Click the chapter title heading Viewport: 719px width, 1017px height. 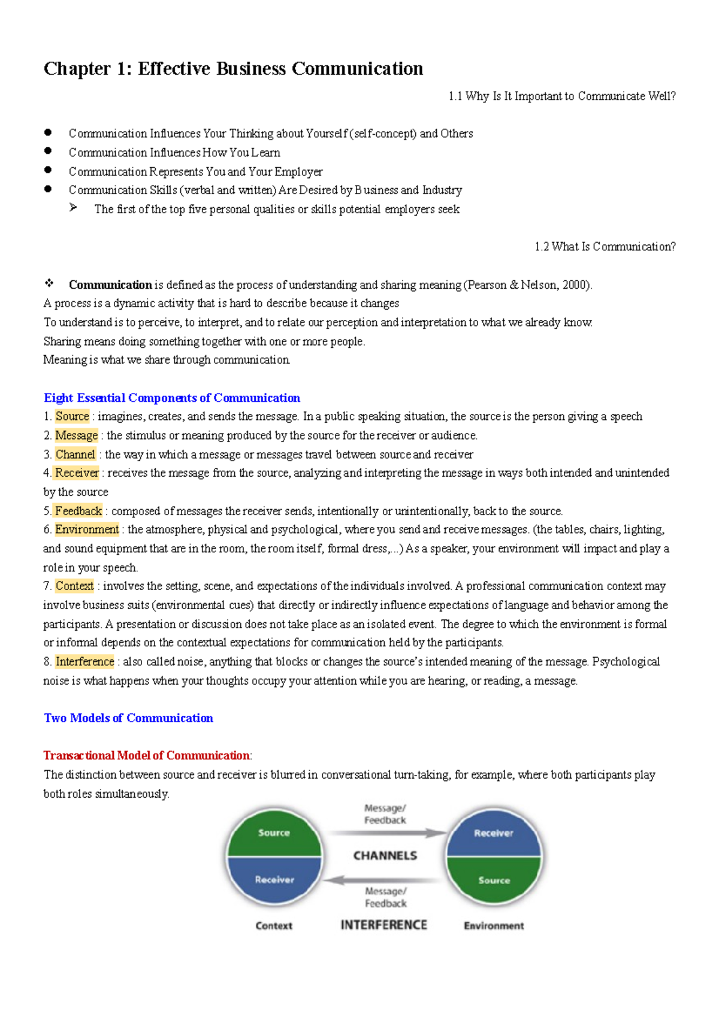(233, 69)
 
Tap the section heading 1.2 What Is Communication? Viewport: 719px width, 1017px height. (605, 247)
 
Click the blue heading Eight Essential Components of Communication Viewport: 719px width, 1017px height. (172, 398)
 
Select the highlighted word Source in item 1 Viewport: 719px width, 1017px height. (72, 416)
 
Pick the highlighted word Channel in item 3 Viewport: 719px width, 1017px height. (75, 455)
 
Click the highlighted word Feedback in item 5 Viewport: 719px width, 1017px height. (78, 511)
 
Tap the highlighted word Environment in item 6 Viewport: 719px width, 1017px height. (87, 529)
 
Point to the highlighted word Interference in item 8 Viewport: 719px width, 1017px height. (84, 662)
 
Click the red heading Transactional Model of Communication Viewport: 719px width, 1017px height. (147, 755)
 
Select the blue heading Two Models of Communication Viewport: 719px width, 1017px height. (128, 718)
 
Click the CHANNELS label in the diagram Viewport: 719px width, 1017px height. (385, 856)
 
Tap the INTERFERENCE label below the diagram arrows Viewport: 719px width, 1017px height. (383, 925)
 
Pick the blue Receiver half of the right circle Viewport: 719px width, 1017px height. (493, 833)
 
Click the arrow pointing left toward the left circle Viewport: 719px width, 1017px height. (383, 880)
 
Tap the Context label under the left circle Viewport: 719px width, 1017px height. (274, 926)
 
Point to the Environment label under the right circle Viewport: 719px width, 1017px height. (494, 926)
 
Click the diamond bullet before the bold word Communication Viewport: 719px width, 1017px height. (49, 283)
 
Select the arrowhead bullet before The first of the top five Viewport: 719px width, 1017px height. (73, 208)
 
